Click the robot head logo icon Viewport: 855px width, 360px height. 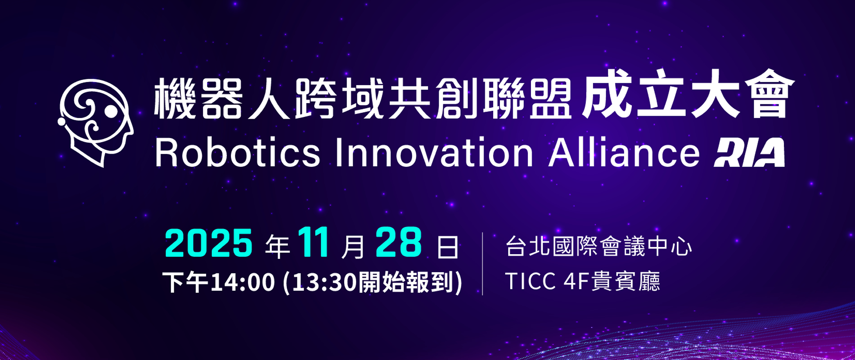tap(95, 122)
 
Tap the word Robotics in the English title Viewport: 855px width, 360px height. tap(237, 153)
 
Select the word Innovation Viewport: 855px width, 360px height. tap(434, 153)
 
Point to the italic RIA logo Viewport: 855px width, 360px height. tap(749, 153)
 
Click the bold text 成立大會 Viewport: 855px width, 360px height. tap(687, 95)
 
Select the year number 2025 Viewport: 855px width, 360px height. tap(209, 243)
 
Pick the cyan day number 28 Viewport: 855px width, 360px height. tap(399, 243)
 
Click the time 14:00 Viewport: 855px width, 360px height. tap(242, 283)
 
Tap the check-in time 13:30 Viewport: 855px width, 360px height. tap(324, 283)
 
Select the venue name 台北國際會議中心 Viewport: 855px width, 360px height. tap(599, 247)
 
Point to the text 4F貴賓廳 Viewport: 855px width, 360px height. tap(612, 281)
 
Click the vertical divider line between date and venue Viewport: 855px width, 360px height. tap(482, 264)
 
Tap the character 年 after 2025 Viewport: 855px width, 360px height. tap(277, 247)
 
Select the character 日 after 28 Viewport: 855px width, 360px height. tap(448, 247)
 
